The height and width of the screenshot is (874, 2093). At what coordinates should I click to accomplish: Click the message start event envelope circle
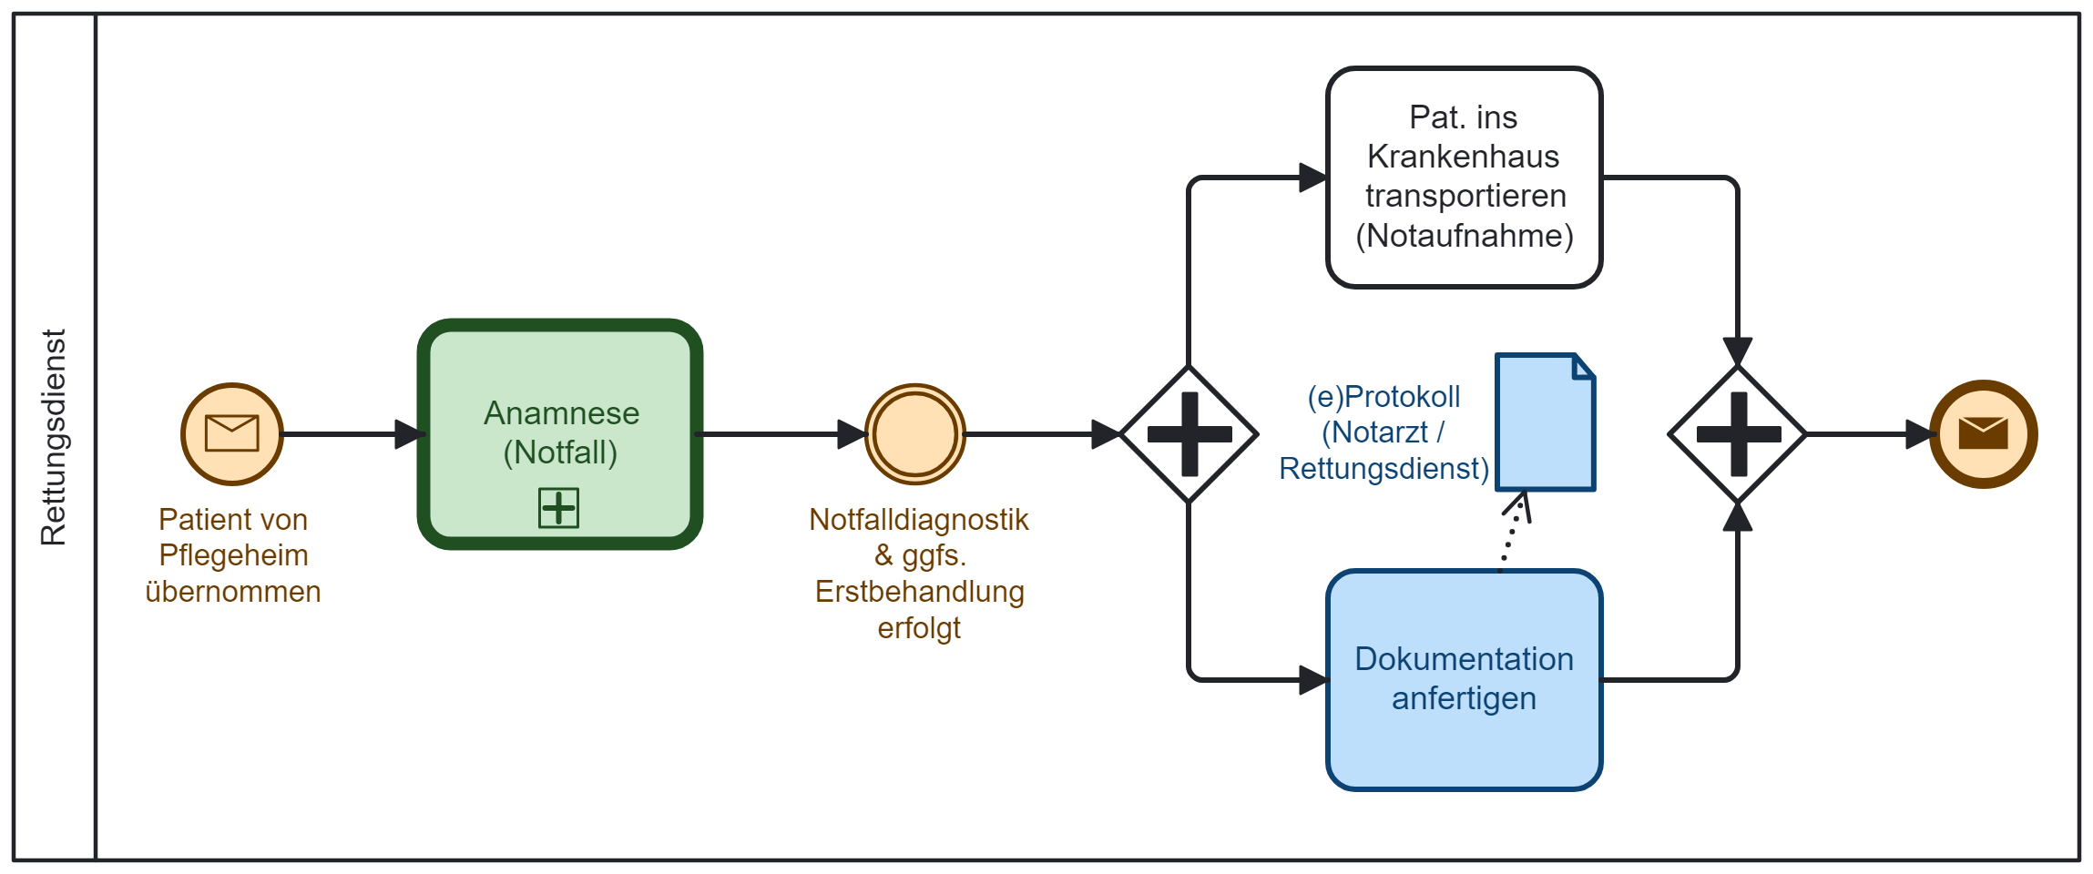point(232,433)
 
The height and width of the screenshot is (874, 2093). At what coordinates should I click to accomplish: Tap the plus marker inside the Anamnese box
point(558,507)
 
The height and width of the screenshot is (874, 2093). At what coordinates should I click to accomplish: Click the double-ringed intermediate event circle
point(914,433)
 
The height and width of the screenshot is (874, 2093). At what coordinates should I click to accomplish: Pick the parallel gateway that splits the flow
point(1189,434)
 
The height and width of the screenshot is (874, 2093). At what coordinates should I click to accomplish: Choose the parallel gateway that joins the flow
point(1738,434)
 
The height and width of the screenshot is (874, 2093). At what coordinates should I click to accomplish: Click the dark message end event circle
point(1983,433)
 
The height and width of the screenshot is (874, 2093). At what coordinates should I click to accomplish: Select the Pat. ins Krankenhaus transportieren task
point(1464,178)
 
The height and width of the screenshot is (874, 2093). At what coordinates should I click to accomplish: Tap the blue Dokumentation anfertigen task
point(1464,679)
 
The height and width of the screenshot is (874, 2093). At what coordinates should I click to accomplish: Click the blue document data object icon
point(1545,422)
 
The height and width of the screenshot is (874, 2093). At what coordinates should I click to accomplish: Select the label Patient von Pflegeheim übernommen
point(233,555)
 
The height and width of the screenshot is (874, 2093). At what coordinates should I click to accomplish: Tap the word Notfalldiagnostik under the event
point(918,520)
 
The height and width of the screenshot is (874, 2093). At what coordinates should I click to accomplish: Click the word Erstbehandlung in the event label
point(919,592)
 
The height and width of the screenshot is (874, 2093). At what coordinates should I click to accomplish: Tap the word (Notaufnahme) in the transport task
point(1465,236)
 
